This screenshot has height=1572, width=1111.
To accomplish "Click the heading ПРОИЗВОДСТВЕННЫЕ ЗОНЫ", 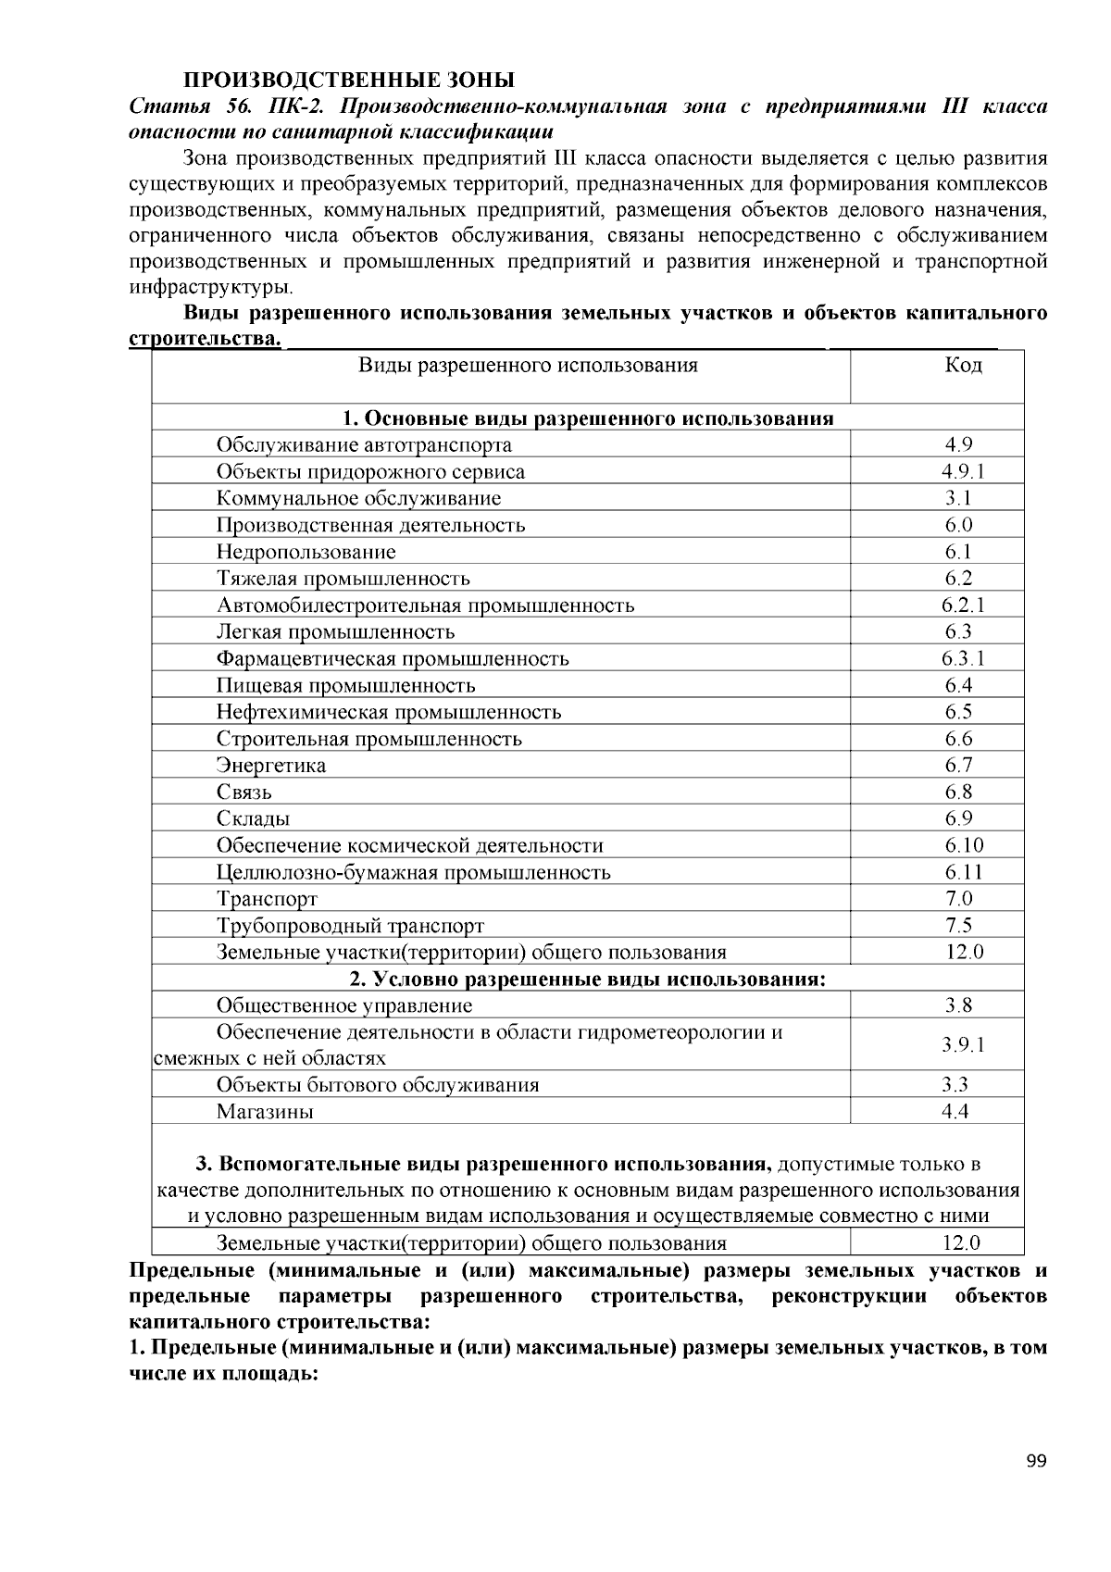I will (x=347, y=81).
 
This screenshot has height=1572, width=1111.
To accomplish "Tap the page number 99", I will (x=1036, y=1462).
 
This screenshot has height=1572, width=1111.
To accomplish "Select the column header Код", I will (x=963, y=365).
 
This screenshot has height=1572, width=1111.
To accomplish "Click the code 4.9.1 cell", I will (x=963, y=472).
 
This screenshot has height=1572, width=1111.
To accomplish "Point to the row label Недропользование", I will (x=306, y=553).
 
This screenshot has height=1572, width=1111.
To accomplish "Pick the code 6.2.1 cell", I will (x=963, y=605).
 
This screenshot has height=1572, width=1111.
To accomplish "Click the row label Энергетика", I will (x=271, y=766).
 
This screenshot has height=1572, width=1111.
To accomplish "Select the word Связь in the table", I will (x=244, y=792).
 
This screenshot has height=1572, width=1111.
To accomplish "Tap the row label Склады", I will (x=253, y=819).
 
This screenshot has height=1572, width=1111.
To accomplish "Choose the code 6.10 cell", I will (x=964, y=845).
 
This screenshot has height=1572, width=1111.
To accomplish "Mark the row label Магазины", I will (x=265, y=1112).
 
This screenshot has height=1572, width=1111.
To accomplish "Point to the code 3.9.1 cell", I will (x=963, y=1045).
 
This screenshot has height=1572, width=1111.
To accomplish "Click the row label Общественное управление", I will (x=344, y=1006).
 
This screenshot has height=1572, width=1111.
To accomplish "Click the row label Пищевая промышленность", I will (x=346, y=686).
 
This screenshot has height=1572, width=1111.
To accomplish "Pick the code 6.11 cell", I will (x=964, y=872).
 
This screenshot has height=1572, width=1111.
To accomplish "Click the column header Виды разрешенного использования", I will (x=528, y=365).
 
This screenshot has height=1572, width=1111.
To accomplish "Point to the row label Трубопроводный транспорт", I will (x=350, y=926).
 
